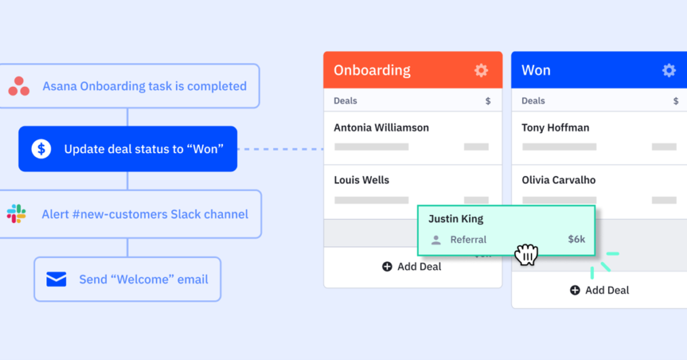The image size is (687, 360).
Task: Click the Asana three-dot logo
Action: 19,86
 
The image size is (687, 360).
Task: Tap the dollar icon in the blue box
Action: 41,149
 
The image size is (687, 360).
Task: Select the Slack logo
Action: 16,214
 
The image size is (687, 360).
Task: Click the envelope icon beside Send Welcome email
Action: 56,279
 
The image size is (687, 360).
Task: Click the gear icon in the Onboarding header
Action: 481,70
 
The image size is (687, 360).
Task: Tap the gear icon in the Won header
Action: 669,70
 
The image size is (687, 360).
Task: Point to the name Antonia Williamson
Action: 381,128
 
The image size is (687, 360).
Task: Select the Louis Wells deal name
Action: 362,180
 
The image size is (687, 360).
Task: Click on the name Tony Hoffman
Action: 555,128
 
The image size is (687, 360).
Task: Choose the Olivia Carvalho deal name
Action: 559,180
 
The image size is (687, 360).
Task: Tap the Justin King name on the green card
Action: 456,219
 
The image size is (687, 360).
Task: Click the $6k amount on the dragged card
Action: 576,239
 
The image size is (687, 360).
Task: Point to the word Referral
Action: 468,240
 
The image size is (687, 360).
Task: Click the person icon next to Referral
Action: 436,240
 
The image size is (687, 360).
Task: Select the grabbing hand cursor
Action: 526,254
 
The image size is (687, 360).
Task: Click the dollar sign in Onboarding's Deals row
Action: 488,101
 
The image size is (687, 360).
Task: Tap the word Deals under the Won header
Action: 533,101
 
